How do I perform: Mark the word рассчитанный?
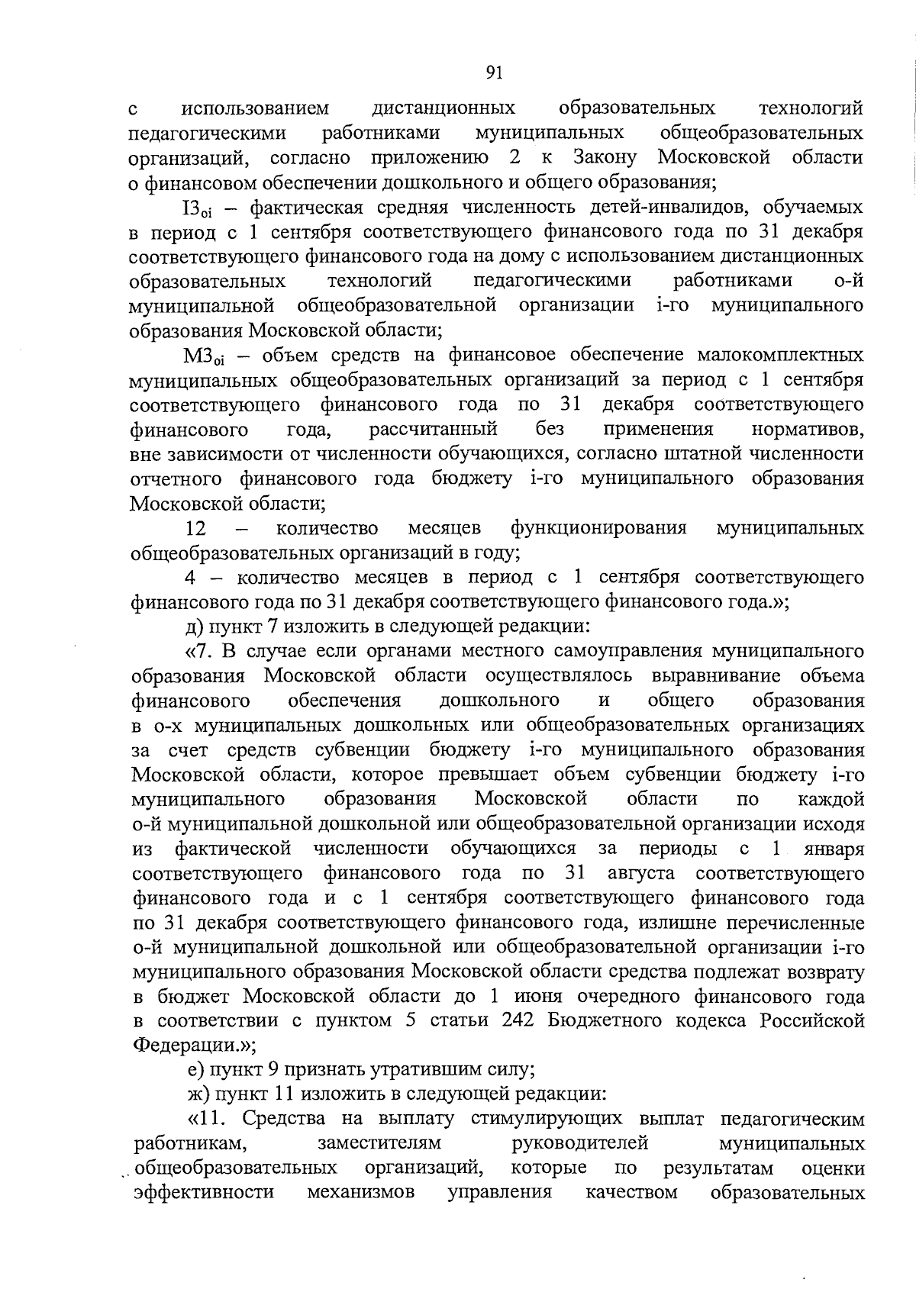click(x=433, y=429)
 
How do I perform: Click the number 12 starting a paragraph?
click(x=197, y=528)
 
